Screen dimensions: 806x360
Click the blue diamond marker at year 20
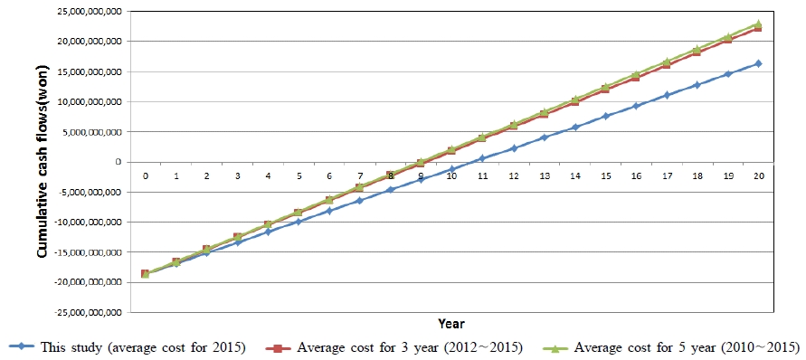point(758,64)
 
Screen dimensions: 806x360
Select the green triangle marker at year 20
point(758,24)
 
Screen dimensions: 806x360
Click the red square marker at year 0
point(145,273)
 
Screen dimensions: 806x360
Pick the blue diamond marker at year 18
point(697,85)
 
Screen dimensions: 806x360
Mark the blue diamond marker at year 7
point(360,201)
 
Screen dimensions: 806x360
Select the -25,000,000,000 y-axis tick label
point(90,313)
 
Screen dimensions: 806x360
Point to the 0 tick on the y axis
point(119,162)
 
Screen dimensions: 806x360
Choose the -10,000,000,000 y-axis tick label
point(90,223)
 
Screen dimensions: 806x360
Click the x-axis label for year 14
point(575,176)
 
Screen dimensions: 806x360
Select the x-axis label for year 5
point(299,176)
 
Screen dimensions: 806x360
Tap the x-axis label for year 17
point(667,176)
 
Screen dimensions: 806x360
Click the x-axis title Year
point(451,324)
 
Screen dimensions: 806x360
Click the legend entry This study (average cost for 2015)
point(123,346)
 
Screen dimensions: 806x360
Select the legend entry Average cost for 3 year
point(396,346)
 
